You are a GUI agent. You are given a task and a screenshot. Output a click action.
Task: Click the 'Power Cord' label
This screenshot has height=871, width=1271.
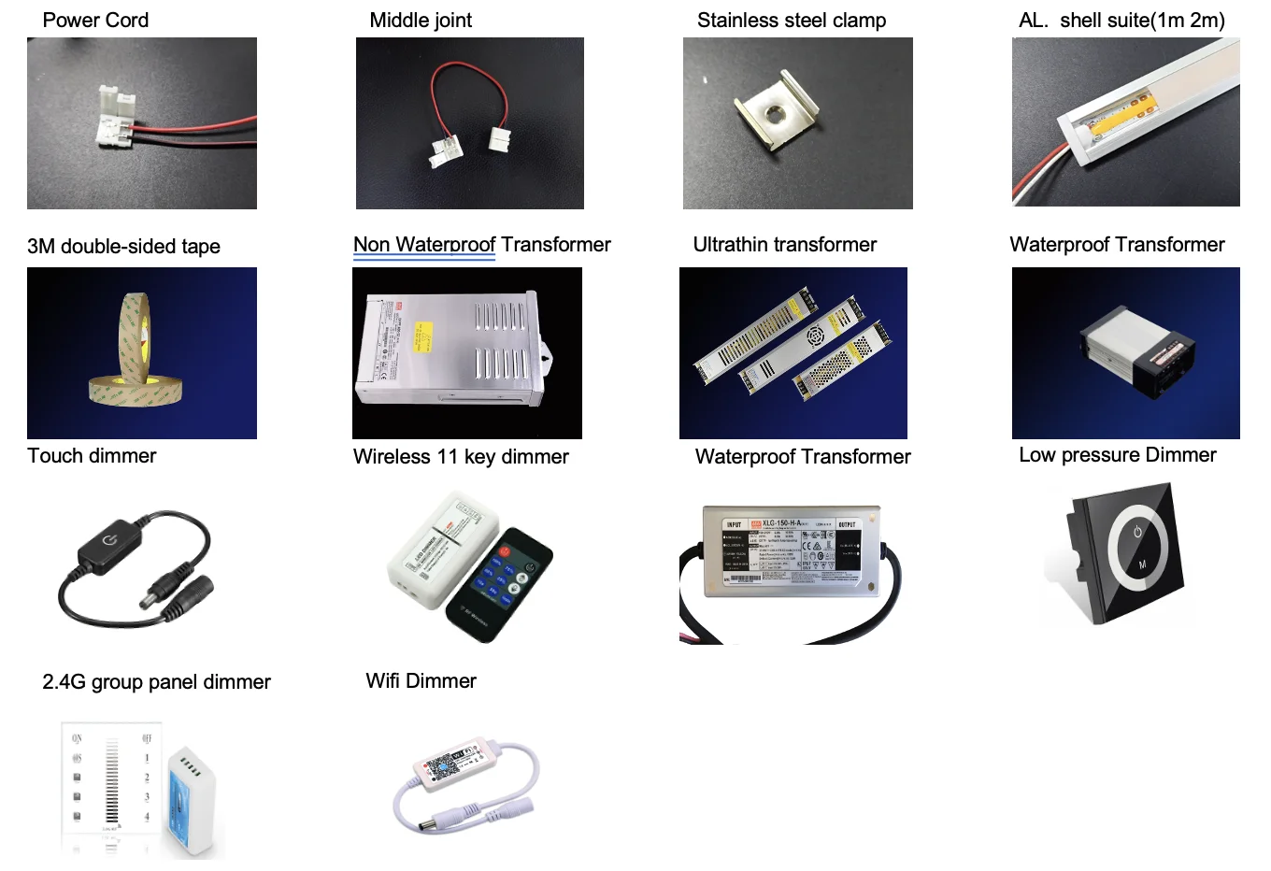coord(95,21)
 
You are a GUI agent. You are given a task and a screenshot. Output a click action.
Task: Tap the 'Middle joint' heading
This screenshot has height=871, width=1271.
coord(421,21)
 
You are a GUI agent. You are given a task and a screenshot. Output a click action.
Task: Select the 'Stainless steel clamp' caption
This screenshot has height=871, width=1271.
coord(792,21)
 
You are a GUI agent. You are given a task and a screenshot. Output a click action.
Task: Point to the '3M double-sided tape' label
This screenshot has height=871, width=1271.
coord(123,247)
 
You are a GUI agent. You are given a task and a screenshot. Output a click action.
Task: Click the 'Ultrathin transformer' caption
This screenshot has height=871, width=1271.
coord(785,245)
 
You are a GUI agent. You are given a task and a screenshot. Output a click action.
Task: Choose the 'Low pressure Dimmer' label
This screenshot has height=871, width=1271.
coord(1118,455)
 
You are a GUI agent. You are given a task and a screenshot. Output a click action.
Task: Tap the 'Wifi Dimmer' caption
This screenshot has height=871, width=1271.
coord(421,681)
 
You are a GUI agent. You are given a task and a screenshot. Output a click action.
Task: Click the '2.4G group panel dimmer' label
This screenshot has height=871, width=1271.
coord(156,682)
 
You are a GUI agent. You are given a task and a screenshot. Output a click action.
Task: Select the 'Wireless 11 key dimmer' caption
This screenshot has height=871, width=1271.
coord(461,457)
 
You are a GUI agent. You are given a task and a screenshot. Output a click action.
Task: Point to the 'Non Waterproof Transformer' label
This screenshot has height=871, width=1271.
coord(481,245)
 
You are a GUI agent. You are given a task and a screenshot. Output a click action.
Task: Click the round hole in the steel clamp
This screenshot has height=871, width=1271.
coord(775,115)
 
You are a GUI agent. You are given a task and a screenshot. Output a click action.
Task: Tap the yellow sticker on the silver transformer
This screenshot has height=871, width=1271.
coord(423,337)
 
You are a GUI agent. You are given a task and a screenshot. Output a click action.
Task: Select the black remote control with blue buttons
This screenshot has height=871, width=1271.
coord(500,584)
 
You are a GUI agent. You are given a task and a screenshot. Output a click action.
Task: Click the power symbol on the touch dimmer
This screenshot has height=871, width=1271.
coord(110,541)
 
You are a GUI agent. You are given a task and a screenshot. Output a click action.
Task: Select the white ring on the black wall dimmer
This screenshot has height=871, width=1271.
coord(1137,550)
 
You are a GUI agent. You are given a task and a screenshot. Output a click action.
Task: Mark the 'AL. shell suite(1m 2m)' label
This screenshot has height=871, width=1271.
coord(1121,21)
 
